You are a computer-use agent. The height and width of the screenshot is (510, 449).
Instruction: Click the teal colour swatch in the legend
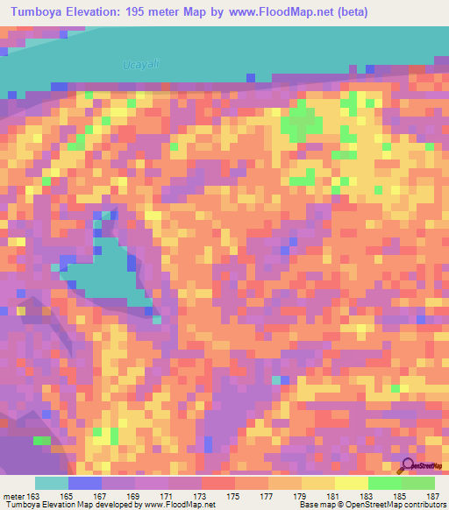(51, 483)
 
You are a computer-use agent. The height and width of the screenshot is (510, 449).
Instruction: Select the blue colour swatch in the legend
(84, 483)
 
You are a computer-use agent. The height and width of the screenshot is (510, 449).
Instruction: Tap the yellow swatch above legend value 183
(351, 483)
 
